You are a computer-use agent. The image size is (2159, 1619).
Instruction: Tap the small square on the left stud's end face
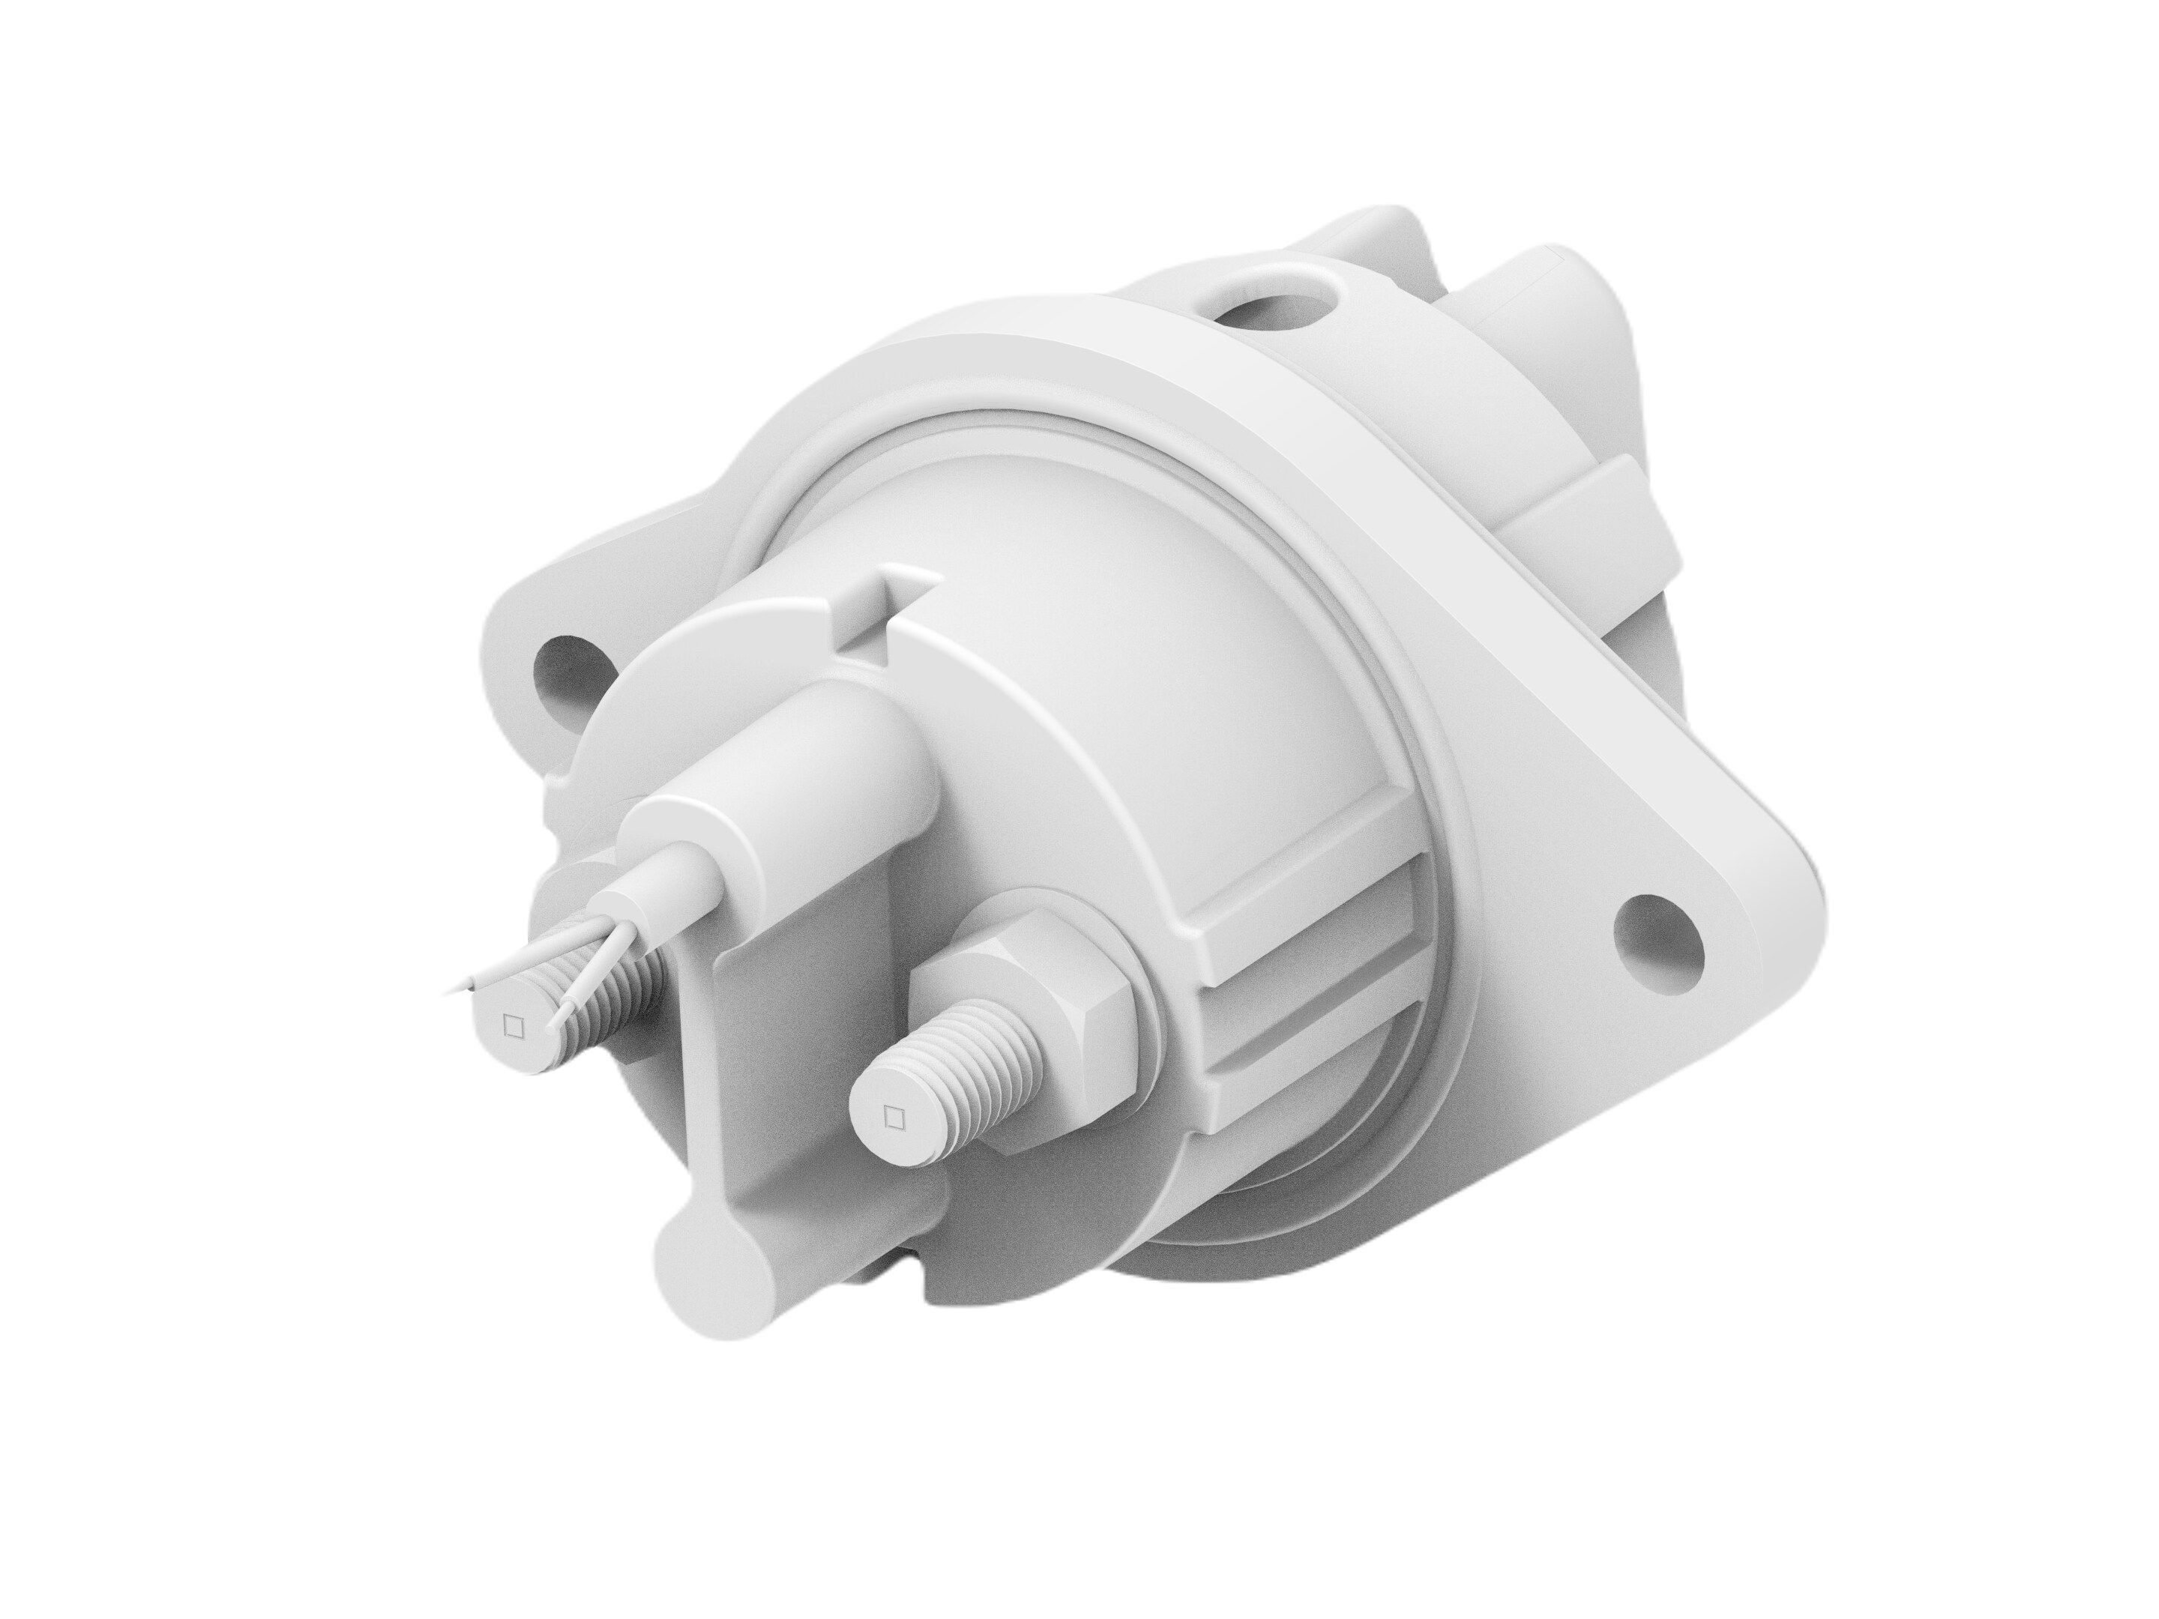[x=511, y=1025]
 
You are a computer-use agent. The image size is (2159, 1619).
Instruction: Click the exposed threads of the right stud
[x=966, y=1064]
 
